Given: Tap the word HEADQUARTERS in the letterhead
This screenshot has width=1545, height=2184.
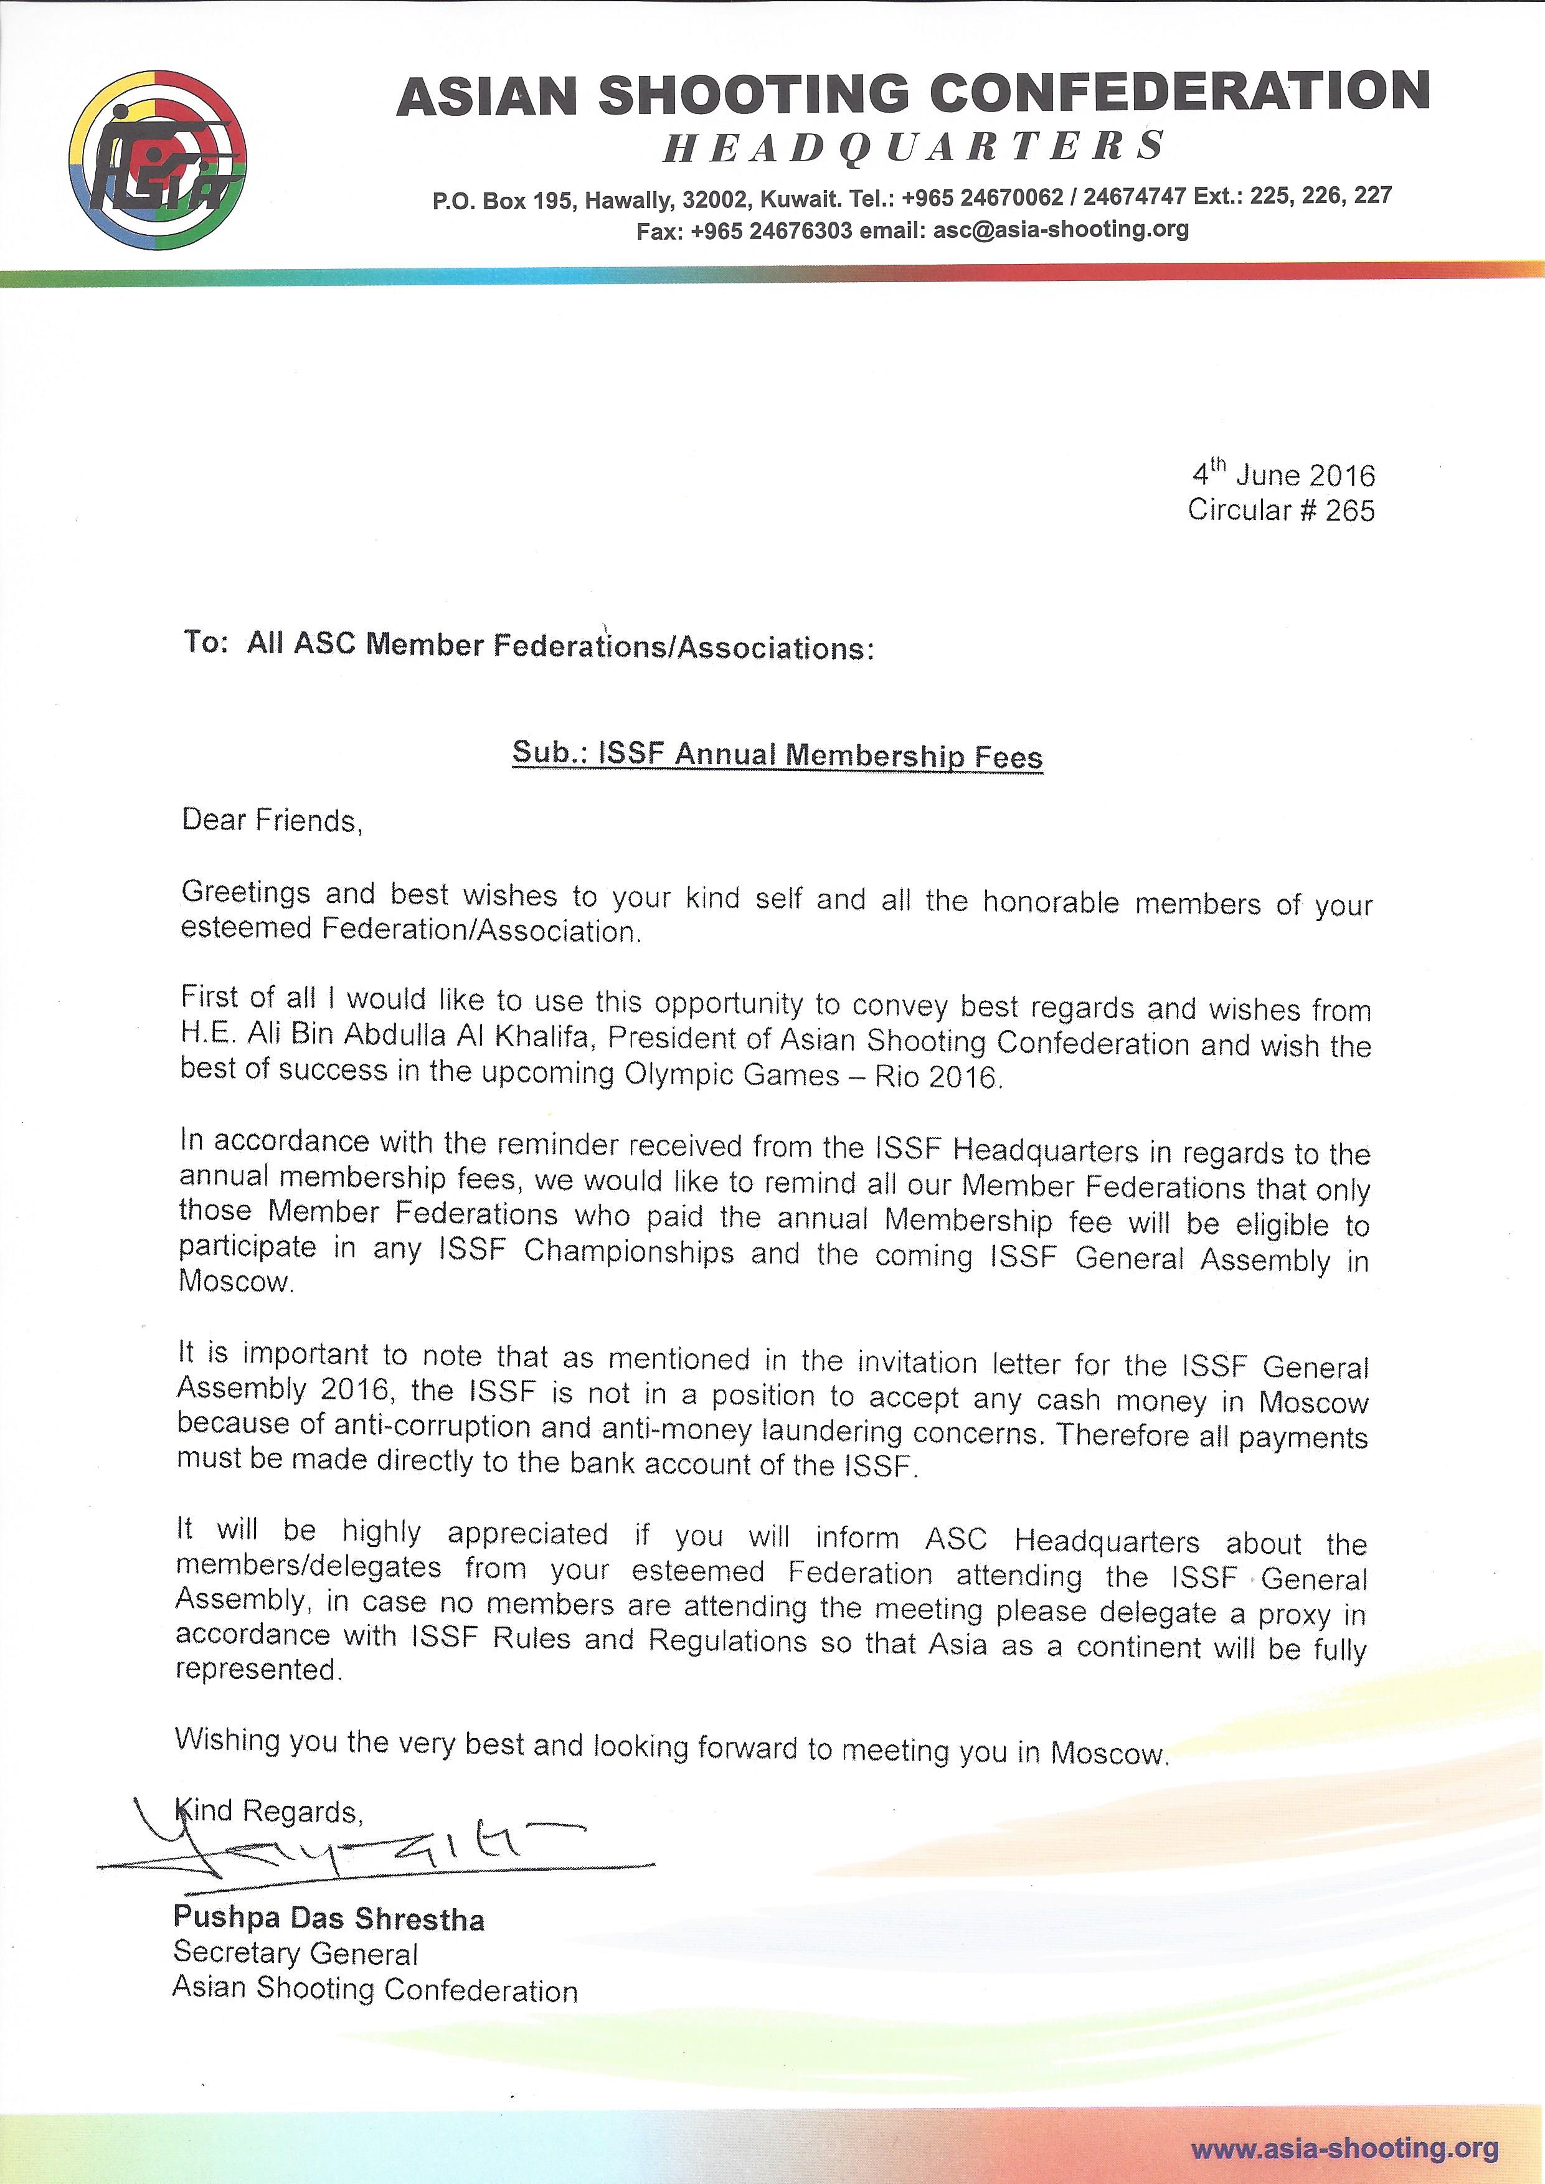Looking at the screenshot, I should click(x=914, y=146).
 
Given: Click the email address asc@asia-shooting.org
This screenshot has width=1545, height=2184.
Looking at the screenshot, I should click(x=1061, y=229).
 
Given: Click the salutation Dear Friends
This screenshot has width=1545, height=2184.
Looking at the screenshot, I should click(x=272, y=820).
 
